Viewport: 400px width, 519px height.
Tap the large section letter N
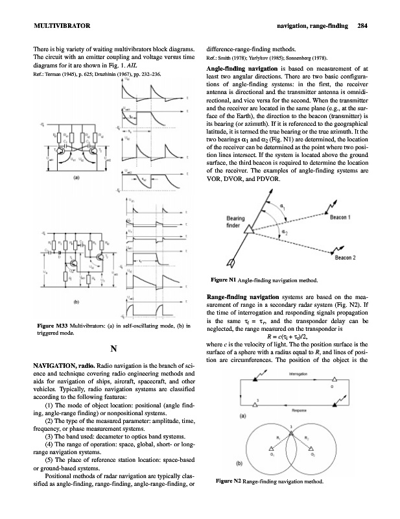tap(113, 350)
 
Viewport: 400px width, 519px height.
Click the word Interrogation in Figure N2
tap(308, 374)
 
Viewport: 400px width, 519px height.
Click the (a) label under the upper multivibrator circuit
tap(59, 195)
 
